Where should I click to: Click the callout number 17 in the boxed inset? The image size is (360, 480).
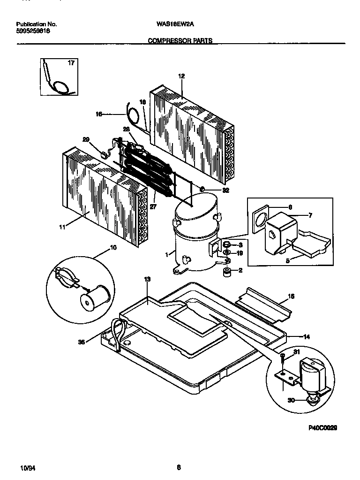pyautogui.click(x=71, y=63)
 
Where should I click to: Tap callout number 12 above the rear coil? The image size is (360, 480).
pyautogui.click(x=182, y=76)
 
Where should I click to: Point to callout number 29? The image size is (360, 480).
pyautogui.click(x=86, y=139)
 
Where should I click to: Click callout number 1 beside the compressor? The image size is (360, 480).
pyautogui.click(x=166, y=254)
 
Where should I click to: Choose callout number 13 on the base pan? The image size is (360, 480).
pyautogui.click(x=147, y=279)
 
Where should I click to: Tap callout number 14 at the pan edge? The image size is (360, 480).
pyautogui.click(x=293, y=336)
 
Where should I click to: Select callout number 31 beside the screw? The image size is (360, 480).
pyautogui.click(x=296, y=352)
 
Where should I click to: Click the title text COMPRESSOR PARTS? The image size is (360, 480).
pyautogui.click(x=180, y=41)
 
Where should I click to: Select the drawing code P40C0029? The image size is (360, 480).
pyautogui.click(x=323, y=428)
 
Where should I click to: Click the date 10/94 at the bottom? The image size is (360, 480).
pyautogui.click(x=28, y=468)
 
